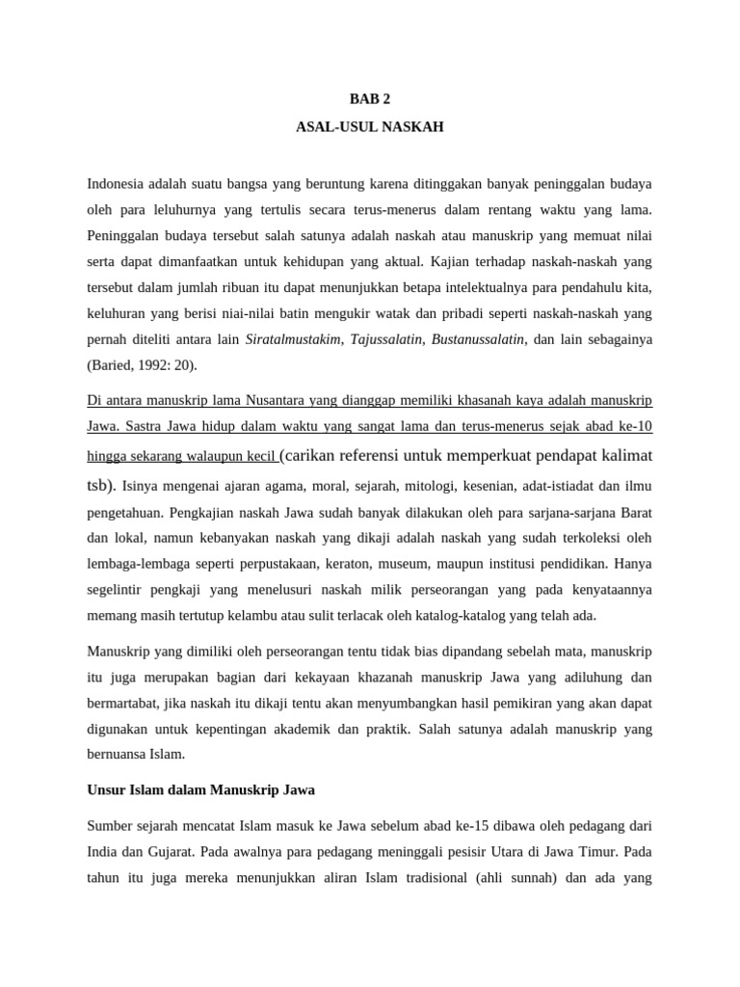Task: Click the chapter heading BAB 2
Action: coord(370,98)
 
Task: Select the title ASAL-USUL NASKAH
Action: coord(370,126)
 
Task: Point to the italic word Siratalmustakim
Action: coord(293,339)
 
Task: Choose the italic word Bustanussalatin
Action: coord(478,339)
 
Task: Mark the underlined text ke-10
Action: coord(635,426)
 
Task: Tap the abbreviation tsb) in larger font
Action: coord(100,485)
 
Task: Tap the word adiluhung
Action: coord(594,677)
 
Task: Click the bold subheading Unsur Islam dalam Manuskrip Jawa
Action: coord(200,789)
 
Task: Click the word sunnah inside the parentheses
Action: coord(507,878)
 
